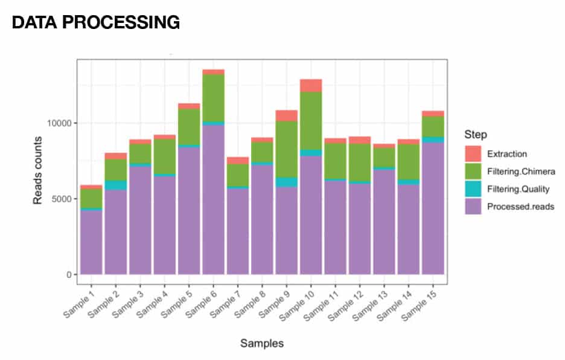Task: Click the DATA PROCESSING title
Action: pyautogui.click(x=96, y=22)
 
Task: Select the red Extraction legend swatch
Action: pyautogui.click(x=474, y=153)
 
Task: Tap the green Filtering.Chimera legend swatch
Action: pyautogui.click(x=474, y=171)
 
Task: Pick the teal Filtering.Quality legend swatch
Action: pyautogui.click(x=474, y=188)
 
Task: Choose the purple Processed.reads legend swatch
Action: pyautogui.click(x=474, y=206)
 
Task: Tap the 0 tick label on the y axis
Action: pyautogui.click(x=68, y=275)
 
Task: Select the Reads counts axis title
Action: pyautogui.click(x=38, y=169)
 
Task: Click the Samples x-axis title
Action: pyautogui.click(x=262, y=344)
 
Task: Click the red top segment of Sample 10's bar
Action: pyautogui.click(x=311, y=85)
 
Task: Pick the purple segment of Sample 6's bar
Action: pyautogui.click(x=214, y=199)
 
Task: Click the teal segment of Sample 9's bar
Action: pyautogui.click(x=287, y=182)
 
